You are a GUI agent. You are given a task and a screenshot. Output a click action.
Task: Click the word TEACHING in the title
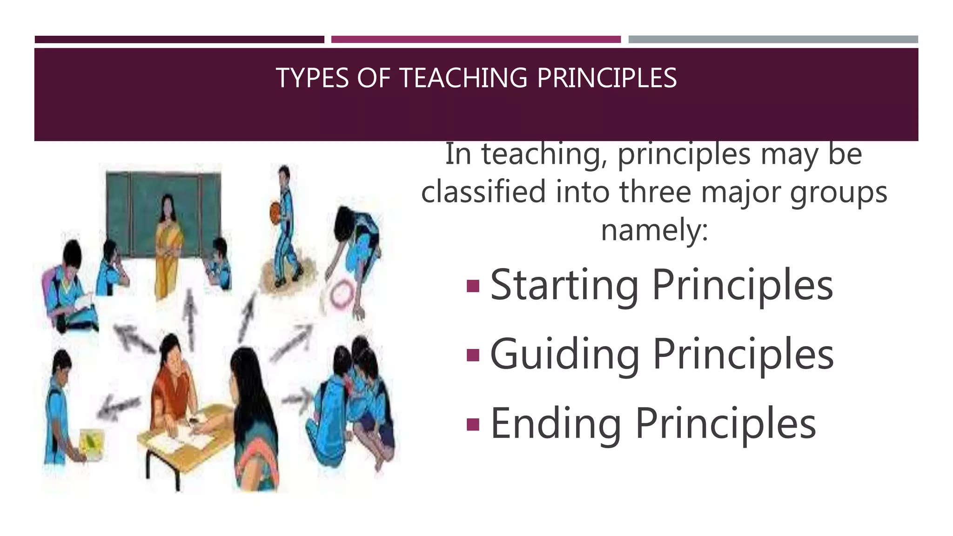463,78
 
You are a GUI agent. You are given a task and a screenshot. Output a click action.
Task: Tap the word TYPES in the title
312,78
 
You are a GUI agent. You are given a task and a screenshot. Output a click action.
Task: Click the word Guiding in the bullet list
565,355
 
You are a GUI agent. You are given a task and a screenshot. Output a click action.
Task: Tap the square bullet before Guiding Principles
473,355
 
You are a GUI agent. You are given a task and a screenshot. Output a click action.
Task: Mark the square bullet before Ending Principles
473,424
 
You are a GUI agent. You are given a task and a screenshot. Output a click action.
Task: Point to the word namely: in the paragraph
654,230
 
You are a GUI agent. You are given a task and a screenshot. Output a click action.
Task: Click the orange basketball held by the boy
275,211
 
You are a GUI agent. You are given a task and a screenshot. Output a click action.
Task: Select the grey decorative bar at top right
773,40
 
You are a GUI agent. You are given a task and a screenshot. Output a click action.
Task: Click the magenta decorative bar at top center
476,40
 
